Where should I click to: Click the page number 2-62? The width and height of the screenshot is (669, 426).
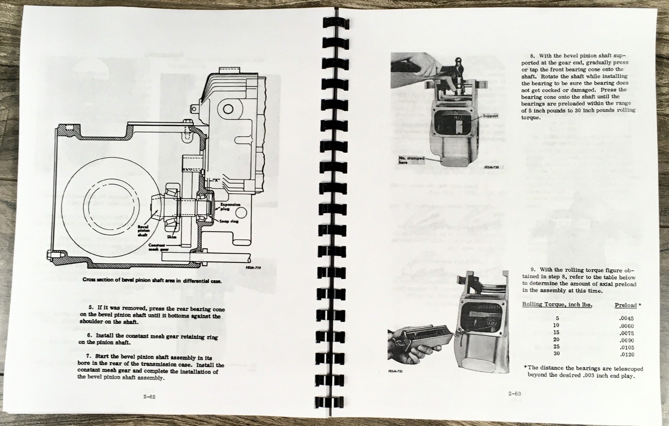point(149,397)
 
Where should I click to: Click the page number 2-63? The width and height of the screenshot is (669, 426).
point(515,393)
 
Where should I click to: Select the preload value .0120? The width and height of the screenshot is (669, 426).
point(627,354)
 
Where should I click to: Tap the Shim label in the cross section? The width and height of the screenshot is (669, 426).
point(172,237)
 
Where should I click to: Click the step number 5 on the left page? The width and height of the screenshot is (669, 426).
point(91,307)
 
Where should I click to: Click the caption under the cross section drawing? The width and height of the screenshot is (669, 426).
point(152,281)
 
